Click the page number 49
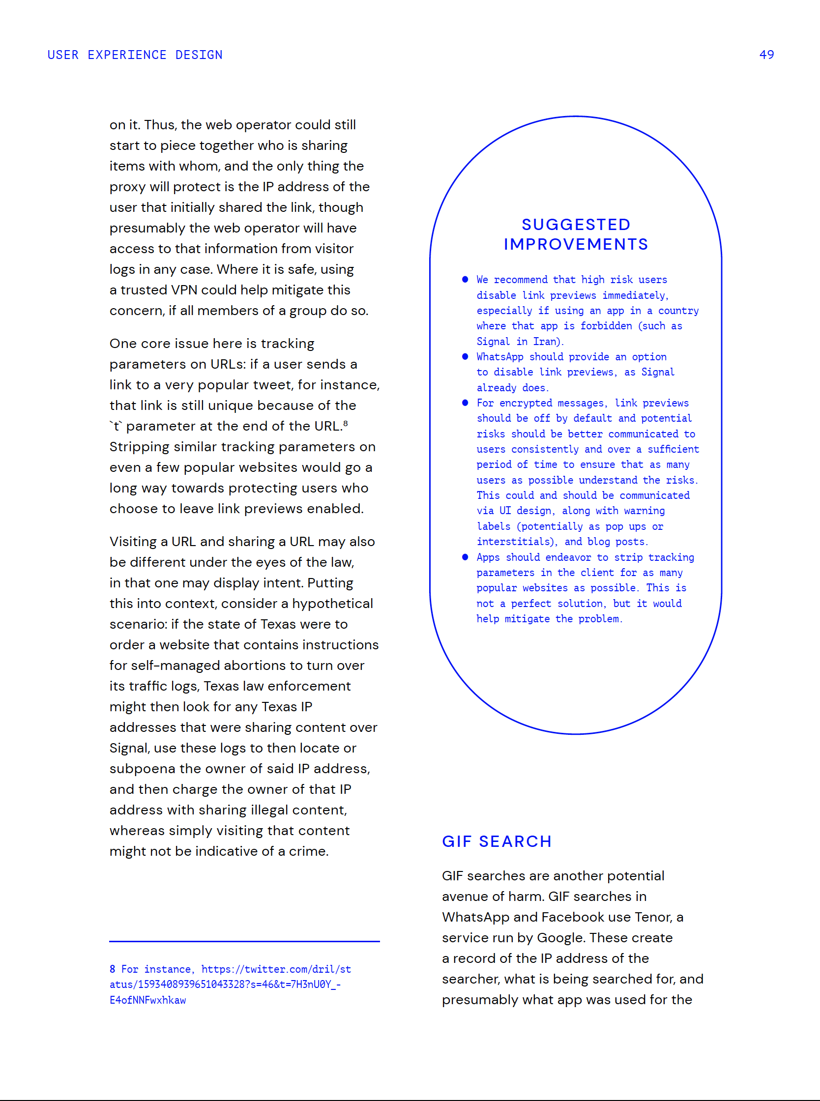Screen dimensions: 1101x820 (x=766, y=55)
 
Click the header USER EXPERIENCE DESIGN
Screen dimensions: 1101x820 (x=135, y=55)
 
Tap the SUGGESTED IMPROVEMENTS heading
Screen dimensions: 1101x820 (x=576, y=234)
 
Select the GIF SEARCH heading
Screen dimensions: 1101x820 (x=497, y=841)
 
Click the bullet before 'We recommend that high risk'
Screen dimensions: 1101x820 (x=465, y=279)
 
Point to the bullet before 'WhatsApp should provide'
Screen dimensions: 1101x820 (x=465, y=356)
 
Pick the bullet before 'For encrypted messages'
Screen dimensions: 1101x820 (x=465, y=403)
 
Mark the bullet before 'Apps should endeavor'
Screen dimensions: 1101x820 (x=465, y=557)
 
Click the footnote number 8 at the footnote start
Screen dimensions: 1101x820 (x=113, y=969)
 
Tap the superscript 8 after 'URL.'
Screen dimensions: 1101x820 (x=346, y=423)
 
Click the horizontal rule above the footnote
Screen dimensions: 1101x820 (x=244, y=941)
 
